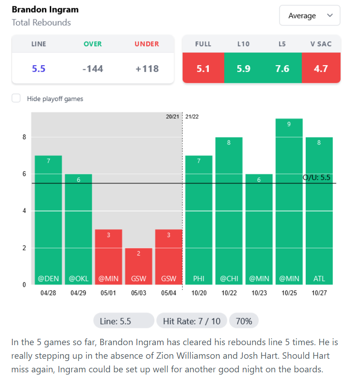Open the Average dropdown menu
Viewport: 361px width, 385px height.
(x=309, y=16)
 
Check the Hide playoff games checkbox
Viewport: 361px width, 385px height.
(x=16, y=98)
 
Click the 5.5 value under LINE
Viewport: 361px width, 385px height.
(x=39, y=69)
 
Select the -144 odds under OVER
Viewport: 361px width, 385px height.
(x=92, y=69)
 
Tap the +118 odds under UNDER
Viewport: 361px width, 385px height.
(x=147, y=69)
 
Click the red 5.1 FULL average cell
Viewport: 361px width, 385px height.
(x=203, y=69)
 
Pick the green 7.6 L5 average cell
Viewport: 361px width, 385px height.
(x=282, y=69)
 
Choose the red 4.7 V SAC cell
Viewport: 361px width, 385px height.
(x=321, y=69)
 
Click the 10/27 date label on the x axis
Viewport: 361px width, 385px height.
(x=319, y=293)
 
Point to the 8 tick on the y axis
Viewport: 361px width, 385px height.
(x=24, y=137)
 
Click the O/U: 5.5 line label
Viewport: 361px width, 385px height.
(x=317, y=178)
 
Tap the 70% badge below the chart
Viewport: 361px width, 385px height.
(x=244, y=321)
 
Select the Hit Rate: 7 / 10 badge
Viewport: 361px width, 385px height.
(x=191, y=321)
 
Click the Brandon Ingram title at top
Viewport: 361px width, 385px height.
(x=45, y=10)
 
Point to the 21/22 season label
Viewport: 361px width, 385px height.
(x=192, y=116)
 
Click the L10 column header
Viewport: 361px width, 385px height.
(x=243, y=44)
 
